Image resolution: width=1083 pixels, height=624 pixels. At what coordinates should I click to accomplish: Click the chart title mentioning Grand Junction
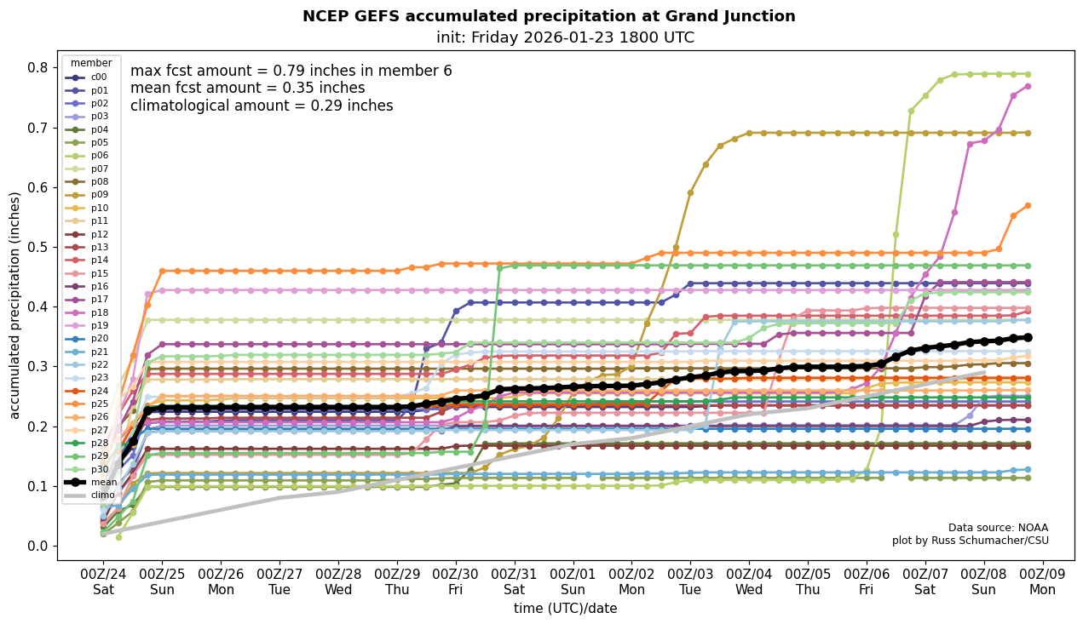pyautogui.click(x=549, y=16)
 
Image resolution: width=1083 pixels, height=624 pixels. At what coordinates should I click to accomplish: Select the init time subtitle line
pyautogui.click(x=565, y=37)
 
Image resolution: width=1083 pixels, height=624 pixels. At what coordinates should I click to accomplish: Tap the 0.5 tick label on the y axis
pyautogui.click(x=37, y=247)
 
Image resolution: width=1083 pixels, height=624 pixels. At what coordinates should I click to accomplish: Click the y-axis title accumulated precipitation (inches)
pyautogui.click(x=14, y=305)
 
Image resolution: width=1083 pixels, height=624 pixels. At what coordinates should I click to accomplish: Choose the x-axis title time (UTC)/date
pyautogui.click(x=565, y=608)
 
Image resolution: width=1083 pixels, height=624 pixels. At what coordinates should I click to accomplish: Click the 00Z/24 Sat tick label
pyautogui.click(x=103, y=581)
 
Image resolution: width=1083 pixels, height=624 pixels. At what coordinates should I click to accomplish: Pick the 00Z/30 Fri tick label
pyautogui.click(x=456, y=581)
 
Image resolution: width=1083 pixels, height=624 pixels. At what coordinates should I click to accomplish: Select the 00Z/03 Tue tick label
pyautogui.click(x=690, y=581)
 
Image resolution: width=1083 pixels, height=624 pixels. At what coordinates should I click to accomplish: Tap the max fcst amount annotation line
pyautogui.click(x=291, y=71)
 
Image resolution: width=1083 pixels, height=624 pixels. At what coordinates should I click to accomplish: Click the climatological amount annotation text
pyautogui.click(x=262, y=106)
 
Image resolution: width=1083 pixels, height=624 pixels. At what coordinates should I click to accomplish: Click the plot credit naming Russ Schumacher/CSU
pyautogui.click(x=970, y=541)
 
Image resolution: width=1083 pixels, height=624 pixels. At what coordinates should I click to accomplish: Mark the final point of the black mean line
pyautogui.click(x=1028, y=337)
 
